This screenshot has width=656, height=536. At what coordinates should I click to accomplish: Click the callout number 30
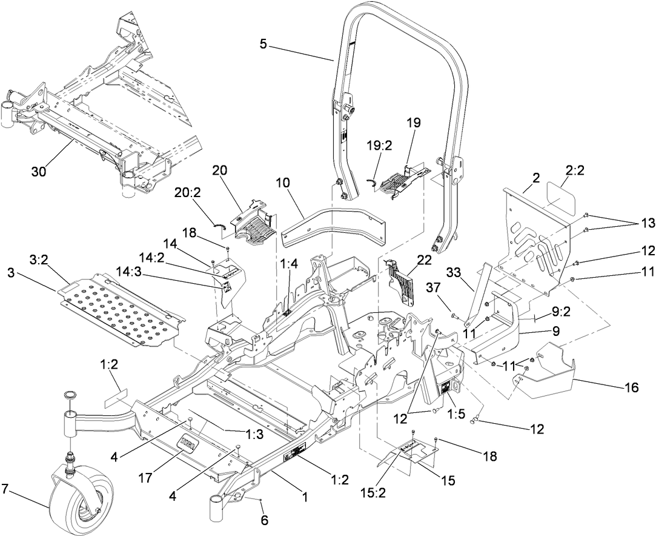(x=39, y=172)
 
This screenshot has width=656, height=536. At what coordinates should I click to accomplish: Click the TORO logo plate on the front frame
(x=189, y=444)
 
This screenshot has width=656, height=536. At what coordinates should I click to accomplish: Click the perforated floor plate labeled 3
(x=121, y=307)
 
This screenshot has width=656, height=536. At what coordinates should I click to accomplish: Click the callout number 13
(x=648, y=223)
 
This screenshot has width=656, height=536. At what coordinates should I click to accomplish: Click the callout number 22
(x=423, y=258)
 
